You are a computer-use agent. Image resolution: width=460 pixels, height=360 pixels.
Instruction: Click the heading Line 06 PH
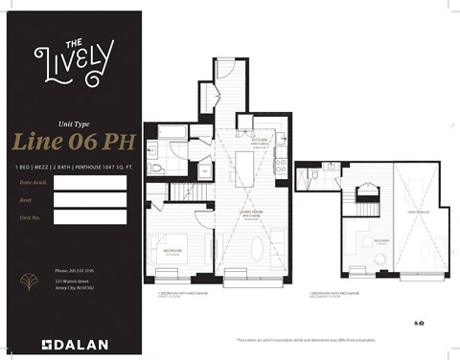(73, 141)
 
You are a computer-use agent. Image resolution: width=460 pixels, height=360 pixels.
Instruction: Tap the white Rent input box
(90, 200)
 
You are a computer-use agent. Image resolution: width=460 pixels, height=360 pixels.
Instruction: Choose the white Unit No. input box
(90, 217)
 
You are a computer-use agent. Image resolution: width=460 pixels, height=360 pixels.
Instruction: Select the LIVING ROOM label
(252, 214)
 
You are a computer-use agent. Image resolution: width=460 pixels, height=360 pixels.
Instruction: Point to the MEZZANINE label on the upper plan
(381, 241)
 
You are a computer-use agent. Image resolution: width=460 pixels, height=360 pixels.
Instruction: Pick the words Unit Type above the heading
(73, 124)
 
